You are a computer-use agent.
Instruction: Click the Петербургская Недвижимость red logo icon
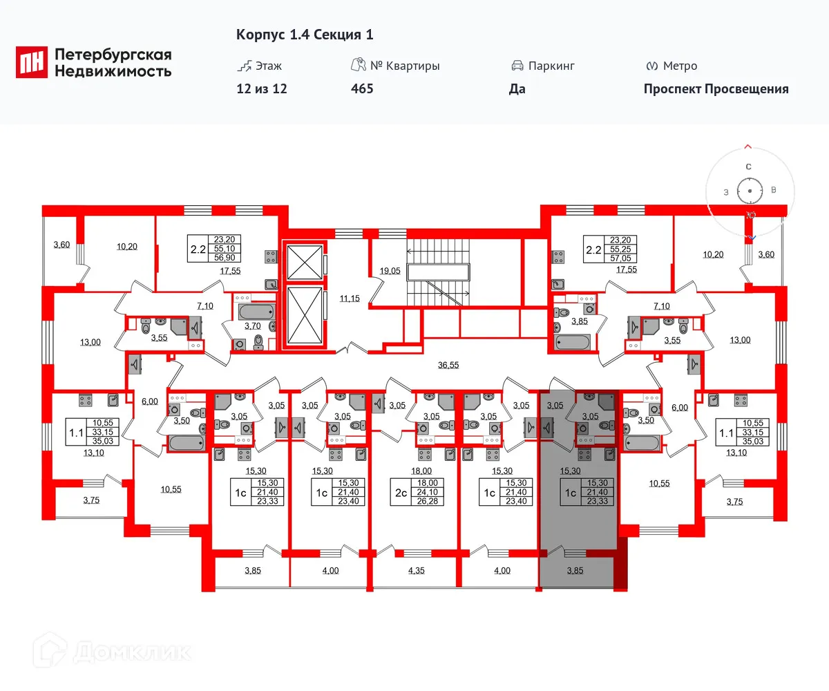pyautogui.click(x=32, y=62)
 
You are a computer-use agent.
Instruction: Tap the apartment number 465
pyautogui.click(x=362, y=88)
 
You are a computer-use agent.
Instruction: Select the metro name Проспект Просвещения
pyautogui.click(x=716, y=88)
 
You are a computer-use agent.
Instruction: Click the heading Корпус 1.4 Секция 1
pyautogui.click(x=305, y=35)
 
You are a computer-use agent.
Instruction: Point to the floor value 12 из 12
pyautogui.click(x=262, y=88)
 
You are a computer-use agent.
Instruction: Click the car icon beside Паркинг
pyautogui.click(x=517, y=66)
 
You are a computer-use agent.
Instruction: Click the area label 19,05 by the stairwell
pyautogui.click(x=390, y=272)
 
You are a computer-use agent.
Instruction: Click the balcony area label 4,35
pyautogui.click(x=417, y=570)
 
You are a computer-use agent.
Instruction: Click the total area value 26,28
pyautogui.click(x=429, y=501)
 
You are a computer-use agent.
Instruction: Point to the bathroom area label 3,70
pyautogui.click(x=252, y=325)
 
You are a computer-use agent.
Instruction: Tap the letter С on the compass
pyautogui.click(x=748, y=167)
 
